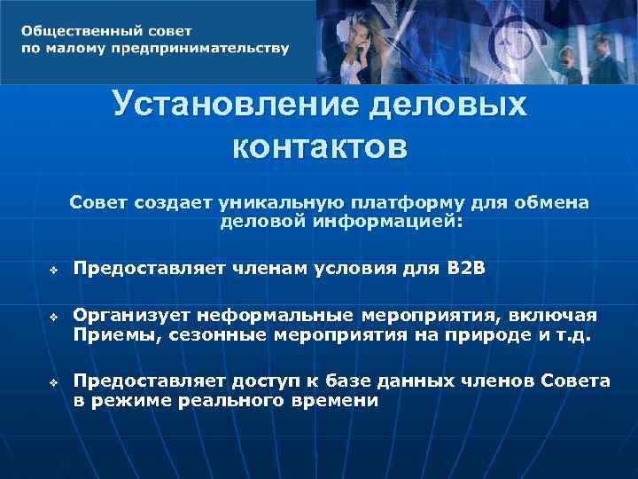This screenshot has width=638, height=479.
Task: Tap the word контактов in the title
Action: [x=320, y=145]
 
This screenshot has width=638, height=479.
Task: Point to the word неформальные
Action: [x=276, y=316]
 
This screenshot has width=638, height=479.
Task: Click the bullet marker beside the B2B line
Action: [x=53, y=267]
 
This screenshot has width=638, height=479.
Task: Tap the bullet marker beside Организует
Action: [x=53, y=317]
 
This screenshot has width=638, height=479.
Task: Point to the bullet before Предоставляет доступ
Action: [x=53, y=382]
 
